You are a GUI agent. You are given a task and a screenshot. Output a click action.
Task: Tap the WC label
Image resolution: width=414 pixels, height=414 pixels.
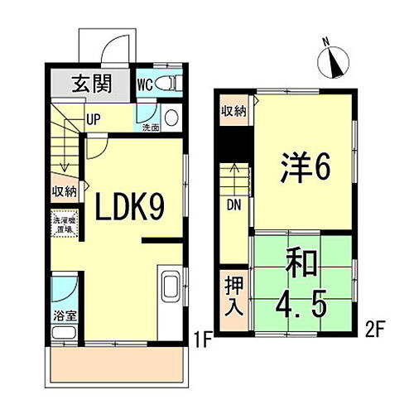coord(143,84)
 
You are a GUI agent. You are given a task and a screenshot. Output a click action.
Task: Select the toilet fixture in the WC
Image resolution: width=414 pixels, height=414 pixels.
coord(168,83)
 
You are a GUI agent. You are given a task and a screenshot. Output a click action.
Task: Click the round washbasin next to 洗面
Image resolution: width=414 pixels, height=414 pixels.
coord(171,117)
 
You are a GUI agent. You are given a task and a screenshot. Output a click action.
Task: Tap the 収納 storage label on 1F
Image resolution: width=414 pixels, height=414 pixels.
coord(66,190)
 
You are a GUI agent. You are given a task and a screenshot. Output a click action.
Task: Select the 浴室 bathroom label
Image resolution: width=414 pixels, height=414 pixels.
coord(63,315)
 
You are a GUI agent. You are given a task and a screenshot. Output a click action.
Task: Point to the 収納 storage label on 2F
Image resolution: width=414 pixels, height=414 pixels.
coord(233,111)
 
